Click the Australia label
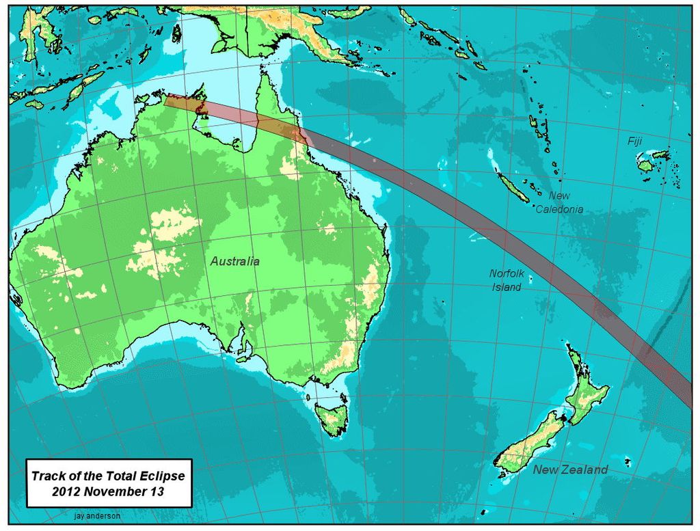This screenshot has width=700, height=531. click(234, 261)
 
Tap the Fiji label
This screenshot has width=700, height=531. click(635, 141)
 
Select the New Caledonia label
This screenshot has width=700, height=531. click(559, 203)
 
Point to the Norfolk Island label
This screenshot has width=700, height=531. click(507, 280)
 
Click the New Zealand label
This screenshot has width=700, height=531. click(570, 469)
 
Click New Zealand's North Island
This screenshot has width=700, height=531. click(589, 390)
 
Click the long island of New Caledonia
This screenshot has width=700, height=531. click(512, 186)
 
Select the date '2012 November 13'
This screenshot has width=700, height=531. click(108, 491)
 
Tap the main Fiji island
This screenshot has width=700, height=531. click(645, 165)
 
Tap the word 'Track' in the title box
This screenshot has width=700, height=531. click(48, 476)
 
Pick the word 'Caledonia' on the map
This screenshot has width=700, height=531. click(559, 209)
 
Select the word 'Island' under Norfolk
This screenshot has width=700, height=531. click(507, 287)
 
